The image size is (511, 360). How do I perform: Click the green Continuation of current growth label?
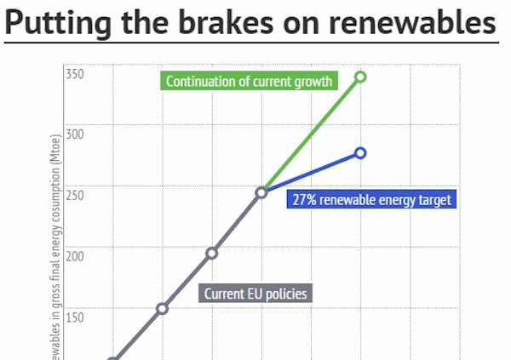(250, 82)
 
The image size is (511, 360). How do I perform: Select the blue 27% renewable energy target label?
(371, 200)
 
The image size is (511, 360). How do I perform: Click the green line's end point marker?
(360, 77)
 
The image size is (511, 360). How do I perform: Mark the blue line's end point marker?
(360, 153)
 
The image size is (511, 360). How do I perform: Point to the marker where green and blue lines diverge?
(261, 192)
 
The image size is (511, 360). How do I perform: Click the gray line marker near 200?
(211, 253)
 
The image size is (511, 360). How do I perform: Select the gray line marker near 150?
(162, 308)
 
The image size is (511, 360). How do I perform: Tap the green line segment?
(311, 134)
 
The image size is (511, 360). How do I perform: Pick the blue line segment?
(311, 173)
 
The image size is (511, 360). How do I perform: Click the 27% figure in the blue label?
(305, 200)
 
